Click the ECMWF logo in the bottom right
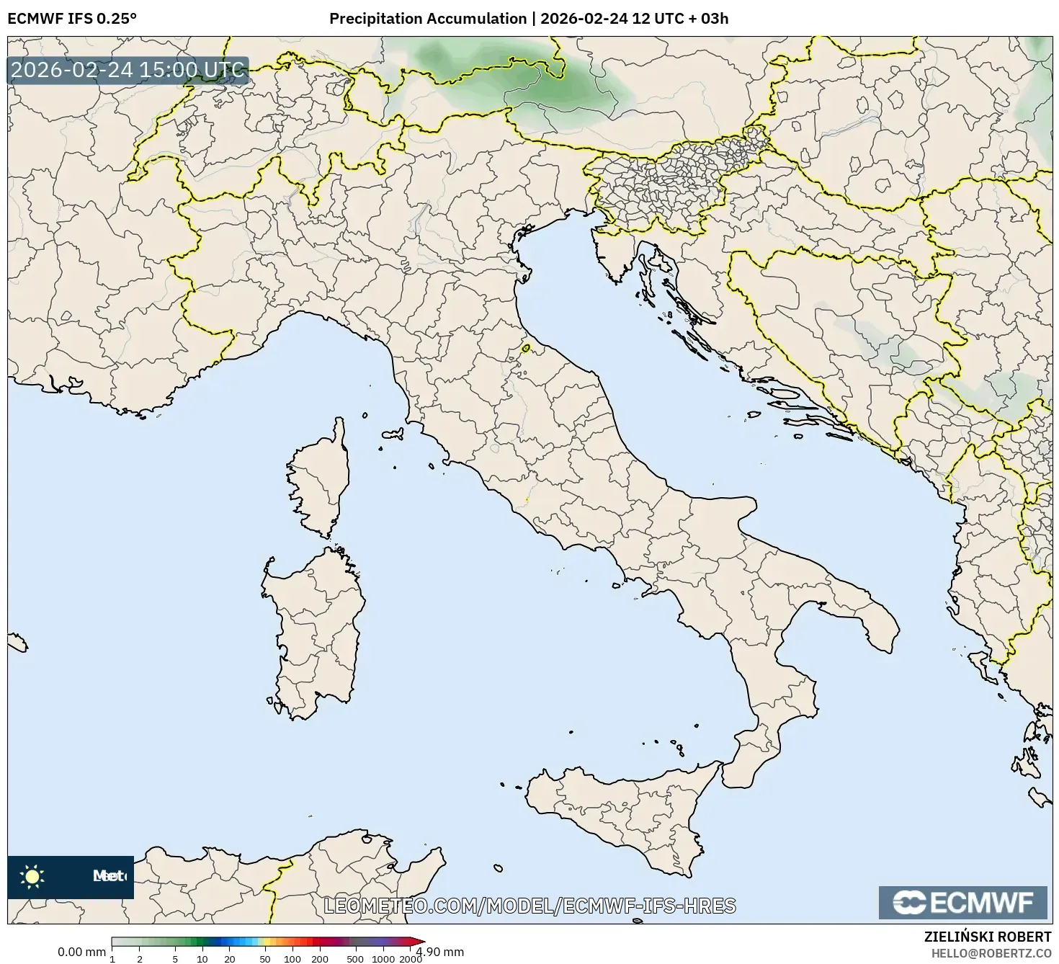[x=962, y=902]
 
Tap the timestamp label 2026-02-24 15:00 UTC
[x=128, y=70]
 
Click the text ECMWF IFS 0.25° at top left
[x=72, y=18]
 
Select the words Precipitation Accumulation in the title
[x=427, y=18]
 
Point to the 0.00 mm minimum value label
[x=81, y=952]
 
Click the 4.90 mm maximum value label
[x=441, y=952]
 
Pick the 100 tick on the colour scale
[x=292, y=958]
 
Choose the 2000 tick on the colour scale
[x=411, y=958]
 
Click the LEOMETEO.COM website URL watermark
[x=529, y=906]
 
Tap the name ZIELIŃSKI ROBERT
[x=987, y=936]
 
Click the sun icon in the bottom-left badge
[x=32, y=876]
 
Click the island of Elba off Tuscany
[x=393, y=434]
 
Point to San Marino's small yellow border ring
[x=526, y=349]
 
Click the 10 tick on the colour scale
[x=202, y=958]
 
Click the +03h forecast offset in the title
[x=709, y=18]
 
